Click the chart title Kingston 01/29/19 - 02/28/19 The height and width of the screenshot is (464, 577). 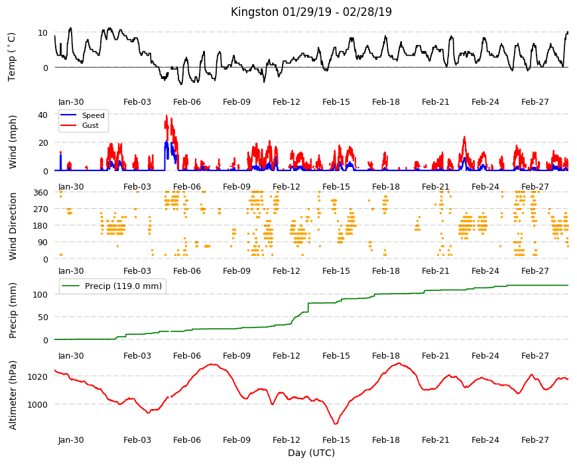pos(311,12)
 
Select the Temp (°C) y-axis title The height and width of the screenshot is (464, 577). pos(11,57)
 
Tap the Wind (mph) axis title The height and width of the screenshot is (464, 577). pos(13,142)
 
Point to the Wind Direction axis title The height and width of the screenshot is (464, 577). pos(13,226)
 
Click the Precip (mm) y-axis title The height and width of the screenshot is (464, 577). pos(13,311)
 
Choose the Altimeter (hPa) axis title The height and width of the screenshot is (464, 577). pos(13,395)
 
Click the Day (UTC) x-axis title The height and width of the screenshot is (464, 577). pos(311,453)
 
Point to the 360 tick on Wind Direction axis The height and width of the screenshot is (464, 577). pos(41,192)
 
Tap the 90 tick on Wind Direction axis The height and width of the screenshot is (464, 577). pos(43,243)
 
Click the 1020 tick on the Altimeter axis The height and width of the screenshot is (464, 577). pos(38,377)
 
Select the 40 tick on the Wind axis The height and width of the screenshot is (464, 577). pos(42,115)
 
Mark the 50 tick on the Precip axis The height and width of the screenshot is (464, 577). pos(43,318)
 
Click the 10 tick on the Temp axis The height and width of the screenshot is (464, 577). pos(42,32)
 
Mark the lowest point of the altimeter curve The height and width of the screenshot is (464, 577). pos(336,424)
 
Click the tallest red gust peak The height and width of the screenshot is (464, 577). pos(166,116)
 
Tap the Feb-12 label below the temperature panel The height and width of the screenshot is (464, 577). pos(287,102)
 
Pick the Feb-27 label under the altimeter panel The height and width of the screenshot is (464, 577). pos(535,439)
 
